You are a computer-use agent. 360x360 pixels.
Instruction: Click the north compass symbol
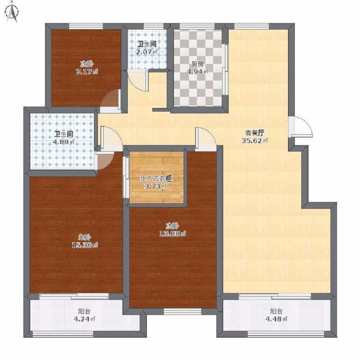click(13, 13)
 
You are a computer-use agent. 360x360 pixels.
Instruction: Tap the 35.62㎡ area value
click(255, 141)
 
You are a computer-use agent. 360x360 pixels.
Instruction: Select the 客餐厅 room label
click(255, 133)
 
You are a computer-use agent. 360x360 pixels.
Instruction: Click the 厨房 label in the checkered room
click(198, 64)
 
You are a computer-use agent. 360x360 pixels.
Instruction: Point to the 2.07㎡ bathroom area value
click(147, 52)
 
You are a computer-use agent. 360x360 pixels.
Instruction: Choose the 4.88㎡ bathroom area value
click(64, 141)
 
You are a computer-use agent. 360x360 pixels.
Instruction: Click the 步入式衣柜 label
click(156, 179)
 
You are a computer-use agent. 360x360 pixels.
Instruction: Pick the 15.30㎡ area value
click(85, 245)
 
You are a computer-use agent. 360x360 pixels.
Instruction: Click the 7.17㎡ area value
click(87, 72)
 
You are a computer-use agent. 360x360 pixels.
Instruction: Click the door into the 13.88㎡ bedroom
click(206, 139)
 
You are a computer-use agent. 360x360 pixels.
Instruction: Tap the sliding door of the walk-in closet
click(126, 177)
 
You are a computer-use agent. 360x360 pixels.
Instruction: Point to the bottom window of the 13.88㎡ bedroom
click(183, 311)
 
